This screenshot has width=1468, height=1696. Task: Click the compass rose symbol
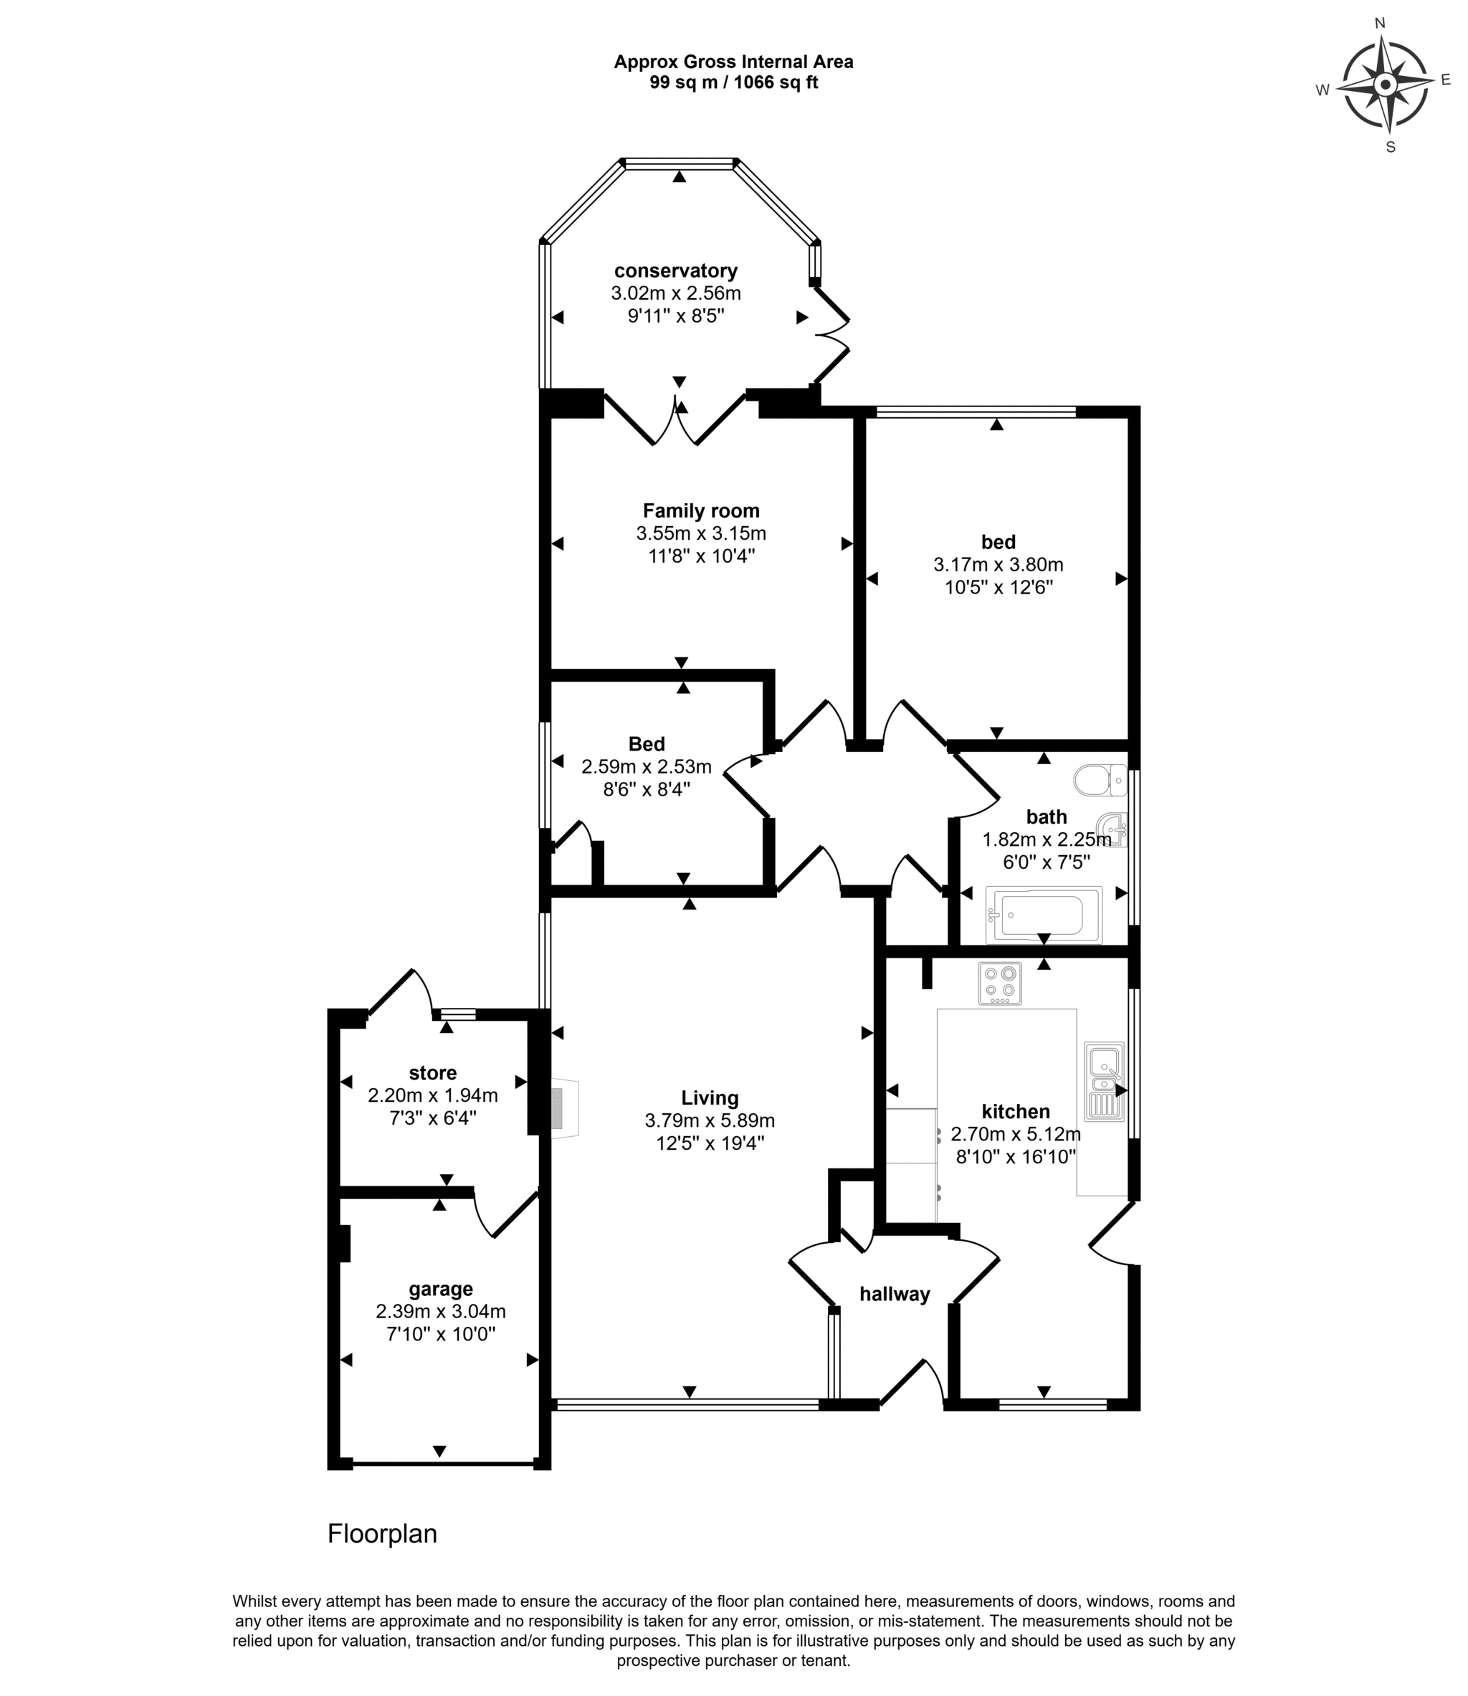click(x=1386, y=85)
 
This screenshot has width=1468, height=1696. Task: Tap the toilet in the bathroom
click(x=1100, y=780)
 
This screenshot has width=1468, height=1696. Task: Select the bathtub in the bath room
click(x=1044, y=915)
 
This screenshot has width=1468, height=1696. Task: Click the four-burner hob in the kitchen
click(x=1000, y=983)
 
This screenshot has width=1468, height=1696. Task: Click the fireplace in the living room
click(x=564, y=1108)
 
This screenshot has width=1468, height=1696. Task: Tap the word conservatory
click(x=676, y=271)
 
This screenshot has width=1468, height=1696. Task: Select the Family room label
click(x=701, y=511)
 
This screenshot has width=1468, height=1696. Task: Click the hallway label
click(x=895, y=1295)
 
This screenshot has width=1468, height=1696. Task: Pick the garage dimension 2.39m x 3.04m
click(x=441, y=1311)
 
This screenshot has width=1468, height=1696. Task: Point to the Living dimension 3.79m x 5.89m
click(x=710, y=1120)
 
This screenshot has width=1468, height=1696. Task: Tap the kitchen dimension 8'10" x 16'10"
click(x=1016, y=1157)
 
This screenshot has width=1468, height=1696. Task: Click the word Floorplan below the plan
click(x=383, y=1534)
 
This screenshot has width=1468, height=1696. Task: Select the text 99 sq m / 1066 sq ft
click(x=734, y=82)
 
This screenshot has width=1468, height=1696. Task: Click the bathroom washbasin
click(x=1112, y=829)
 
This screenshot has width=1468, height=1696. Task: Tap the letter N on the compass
click(x=1380, y=23)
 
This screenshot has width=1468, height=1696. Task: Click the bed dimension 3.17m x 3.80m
click(x=998, y=565)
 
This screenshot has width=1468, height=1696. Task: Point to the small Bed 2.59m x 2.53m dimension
click(x=647, y=767)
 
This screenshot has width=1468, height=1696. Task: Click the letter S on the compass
click(x=1390, y=148)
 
